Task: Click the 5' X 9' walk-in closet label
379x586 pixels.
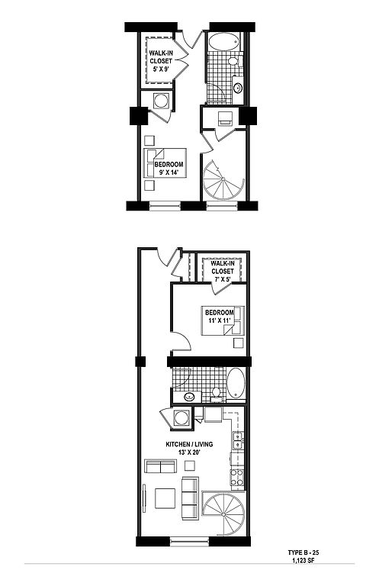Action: [161, 61]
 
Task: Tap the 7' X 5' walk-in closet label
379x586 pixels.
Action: [222, 271]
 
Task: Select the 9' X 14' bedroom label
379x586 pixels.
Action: [169, 168]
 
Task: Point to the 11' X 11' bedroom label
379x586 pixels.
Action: [220, 316]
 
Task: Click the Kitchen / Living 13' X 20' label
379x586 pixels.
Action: [189, 448]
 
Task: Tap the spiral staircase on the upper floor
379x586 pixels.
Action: [223, 180]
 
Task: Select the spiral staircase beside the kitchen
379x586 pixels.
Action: [224, 514]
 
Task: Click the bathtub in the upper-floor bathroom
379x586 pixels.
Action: [223, 41]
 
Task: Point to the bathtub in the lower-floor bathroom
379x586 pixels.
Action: [236, 384]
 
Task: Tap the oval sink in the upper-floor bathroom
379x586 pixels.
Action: [237, 89]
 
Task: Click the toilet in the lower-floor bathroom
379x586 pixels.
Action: [216, 394]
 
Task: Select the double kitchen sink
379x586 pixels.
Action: [237, 440]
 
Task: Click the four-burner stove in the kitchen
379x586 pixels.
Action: [237, 477]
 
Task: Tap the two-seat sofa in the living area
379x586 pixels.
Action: [160, 466]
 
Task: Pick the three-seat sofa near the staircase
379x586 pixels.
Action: [190, 498]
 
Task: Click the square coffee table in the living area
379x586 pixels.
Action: [165, 498]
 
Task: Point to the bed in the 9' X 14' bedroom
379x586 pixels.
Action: [165, 163]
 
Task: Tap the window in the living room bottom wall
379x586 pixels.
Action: [189, 541]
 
